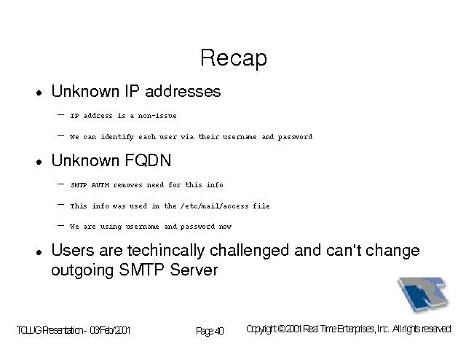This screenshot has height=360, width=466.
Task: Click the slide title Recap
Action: pyautogui.click(x=234, y=58)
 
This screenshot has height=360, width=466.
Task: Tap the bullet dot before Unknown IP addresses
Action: pyautogui.click(x=39, y=93)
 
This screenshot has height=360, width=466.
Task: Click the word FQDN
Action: pyautogui.click(x=148, y=160)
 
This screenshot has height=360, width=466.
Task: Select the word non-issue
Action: pyautogui.click(x=157, y=116)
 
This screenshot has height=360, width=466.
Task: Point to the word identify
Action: pyautogui.click(x=117, y=137)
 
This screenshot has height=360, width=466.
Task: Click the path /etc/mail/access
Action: pyautogui.click(x=215, y=206)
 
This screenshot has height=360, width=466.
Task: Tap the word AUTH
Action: pyautogui.click(x=100, y=185)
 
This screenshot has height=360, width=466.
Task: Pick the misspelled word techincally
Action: pyautogui.click(x=166, y=251)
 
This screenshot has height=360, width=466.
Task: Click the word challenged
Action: pyautogui.click(x=249, y=251)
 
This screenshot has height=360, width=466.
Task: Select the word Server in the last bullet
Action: pyautogui.click(x=194, y=270)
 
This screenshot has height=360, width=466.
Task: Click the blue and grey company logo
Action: pyautogui.click(x=423, y=294)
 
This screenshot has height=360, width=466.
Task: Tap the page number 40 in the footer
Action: pyautogui.click(x=219, y=331)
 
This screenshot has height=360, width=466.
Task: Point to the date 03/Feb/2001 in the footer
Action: pyautogui.click(x=110, y=330)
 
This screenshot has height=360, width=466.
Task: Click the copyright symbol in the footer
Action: pyautogui.click(x=282, y=329)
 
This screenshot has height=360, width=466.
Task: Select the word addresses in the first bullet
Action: pyautogui.click(x=183, y=91)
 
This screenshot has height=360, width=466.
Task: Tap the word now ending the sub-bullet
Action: pyautogui.click(x=225, y=227)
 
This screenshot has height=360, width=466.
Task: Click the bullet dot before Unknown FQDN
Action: pyautogui.click(x=39, y=163)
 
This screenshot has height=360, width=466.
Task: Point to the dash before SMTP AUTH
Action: pyautogui.click(x=60, y=184)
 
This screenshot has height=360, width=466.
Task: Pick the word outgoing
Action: pyautogui.click(x=82, y=271)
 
